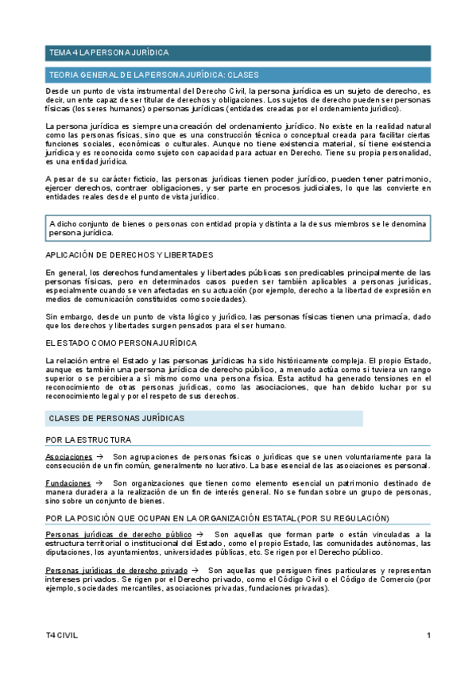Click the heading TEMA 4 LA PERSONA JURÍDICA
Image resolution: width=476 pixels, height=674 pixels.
click(109, 52)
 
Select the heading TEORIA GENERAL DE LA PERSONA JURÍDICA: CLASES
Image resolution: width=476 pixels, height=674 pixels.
click(149, 75)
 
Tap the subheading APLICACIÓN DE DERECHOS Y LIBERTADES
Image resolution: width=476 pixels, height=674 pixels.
click(130, 254)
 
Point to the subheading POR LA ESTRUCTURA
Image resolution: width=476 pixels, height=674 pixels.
click(88, 440)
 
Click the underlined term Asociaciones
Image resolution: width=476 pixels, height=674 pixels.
click(68, 457)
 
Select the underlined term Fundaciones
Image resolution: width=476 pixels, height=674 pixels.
click(68, 483)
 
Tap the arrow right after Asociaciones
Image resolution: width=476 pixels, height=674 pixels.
click(99, 457)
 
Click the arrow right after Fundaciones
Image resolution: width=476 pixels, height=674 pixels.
click(99, 483)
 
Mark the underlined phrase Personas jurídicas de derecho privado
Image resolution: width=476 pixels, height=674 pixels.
click(117, 571)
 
